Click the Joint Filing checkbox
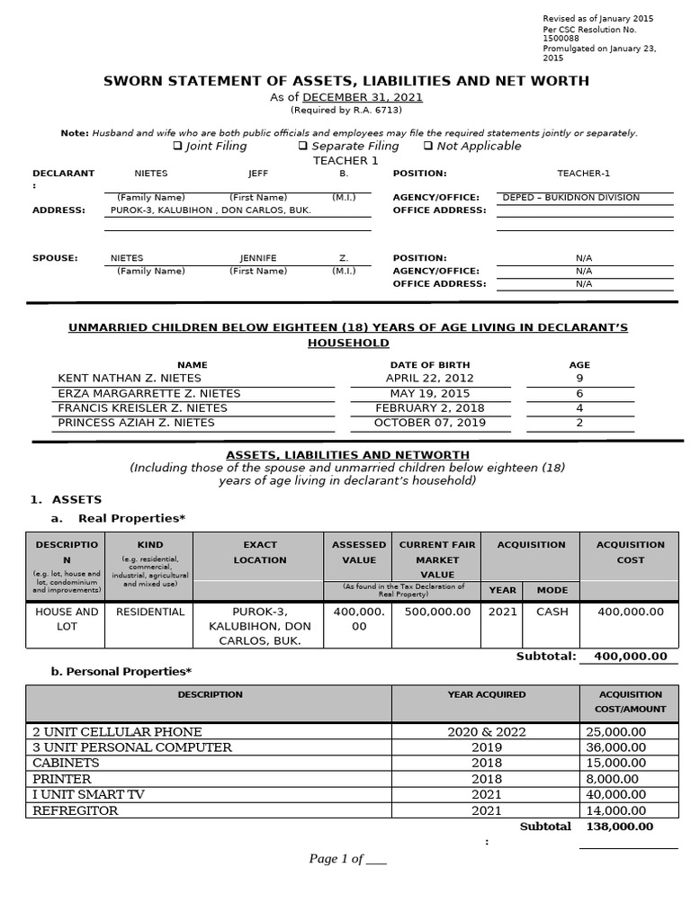(177, 146)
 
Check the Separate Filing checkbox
(303, 146)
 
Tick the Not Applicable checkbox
(428, 146)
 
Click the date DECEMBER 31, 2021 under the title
(363, 97)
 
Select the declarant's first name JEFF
(258, 174)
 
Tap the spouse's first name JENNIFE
(258, 258)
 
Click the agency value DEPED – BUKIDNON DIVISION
(570, 197)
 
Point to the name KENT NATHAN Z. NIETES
(124, 379)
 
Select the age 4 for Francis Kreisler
(579, 407)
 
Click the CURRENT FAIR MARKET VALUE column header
(437, 559)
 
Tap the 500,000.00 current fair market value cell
(437, 612)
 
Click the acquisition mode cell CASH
(552, 612)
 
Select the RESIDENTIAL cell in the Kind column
(148, 612)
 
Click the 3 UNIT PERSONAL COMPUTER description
(132, 747)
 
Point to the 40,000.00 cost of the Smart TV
(615, 795)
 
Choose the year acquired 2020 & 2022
(487, 732)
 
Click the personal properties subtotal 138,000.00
(619, 827)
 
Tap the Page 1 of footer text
(347, 859)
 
